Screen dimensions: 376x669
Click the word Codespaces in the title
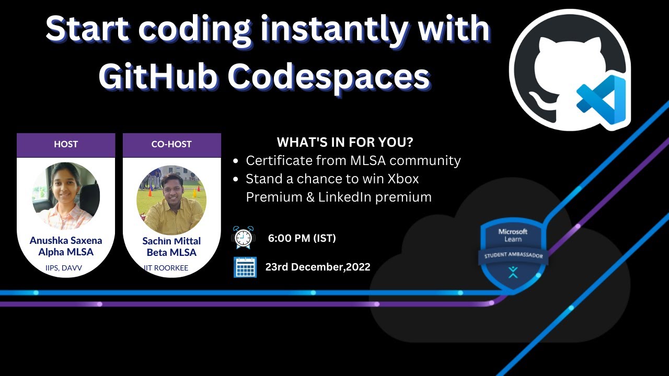click(x=329, y=77)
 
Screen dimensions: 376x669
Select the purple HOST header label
click(x=66, y=144)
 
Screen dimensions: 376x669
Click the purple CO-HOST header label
click(x=171, y=144)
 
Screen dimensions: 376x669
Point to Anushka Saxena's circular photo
click(x=66, y=196)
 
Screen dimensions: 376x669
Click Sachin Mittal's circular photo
click(x=171, y=200)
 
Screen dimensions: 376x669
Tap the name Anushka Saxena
click(x=66, y=241)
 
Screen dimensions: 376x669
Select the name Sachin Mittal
click(x=171, y=241)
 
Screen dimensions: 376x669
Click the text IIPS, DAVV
click(x=64, y=268)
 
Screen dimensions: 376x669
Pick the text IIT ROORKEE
click(x=166, y=268)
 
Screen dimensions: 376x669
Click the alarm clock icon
click(x=243, y=238)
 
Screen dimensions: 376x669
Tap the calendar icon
click(x=245, y=267)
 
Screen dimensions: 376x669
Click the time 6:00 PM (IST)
click(x=302, y=239)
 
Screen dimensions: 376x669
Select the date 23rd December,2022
click(x=318, y=267)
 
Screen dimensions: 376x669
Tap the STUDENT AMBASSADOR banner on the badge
click(x=513, y=256)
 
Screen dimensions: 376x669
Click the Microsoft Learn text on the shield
click(x=513, y=235)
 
